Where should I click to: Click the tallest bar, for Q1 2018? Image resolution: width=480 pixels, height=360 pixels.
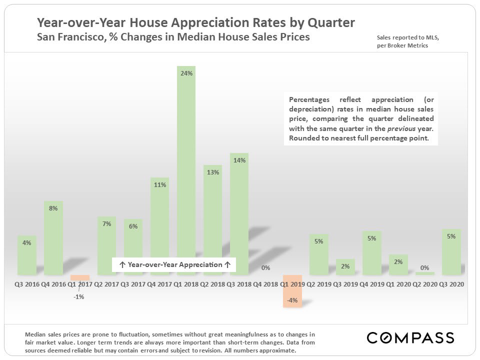(186, 170)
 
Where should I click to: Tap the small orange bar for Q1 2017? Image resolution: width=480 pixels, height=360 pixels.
(80, 277)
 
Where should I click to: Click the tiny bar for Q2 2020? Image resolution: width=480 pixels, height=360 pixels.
(425, 273)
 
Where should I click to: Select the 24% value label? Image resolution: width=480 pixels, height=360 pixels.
(186, 73)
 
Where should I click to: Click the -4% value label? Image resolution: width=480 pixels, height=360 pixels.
(292, 300)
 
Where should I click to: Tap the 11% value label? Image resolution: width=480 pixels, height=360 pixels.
(160, 184)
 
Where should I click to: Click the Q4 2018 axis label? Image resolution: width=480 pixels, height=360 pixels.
(265, 283)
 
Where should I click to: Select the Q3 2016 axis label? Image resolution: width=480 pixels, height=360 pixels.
(27, 283)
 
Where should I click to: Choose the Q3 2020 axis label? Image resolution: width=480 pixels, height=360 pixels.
(451, 283)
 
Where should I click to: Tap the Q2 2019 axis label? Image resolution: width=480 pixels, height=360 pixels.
(319, 283)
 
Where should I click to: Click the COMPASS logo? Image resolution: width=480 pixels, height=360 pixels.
(410, 337)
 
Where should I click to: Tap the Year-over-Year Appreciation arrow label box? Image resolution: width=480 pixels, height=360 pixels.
(173, 264)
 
